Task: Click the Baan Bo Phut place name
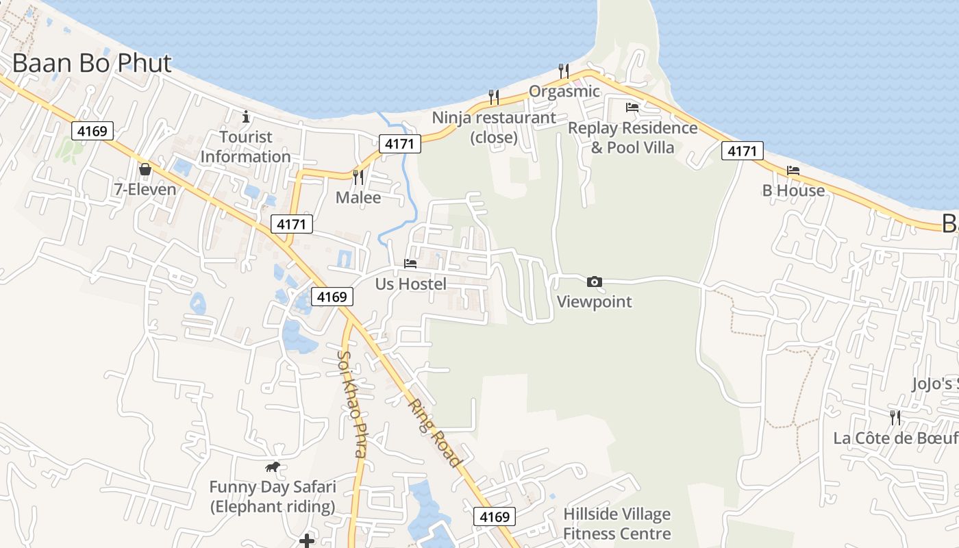click(x=92, y=63)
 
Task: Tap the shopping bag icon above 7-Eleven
click(x=145, y=169)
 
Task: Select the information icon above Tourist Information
click(x=246, y=117)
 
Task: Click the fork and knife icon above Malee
click(x=358, y=177)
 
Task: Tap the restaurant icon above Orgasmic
click(x=564, y=71)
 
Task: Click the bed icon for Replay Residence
click(x=632, y=108)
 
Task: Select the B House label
click(x=793, y=190)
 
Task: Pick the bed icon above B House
click(x=793, y=170)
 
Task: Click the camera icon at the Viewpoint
click(x=595, y=282)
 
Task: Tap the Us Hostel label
click(x=411, y=284)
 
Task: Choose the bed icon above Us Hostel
click(x=410, y=263)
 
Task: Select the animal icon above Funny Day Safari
click(x=273, y=467)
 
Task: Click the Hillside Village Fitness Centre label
click(x=616, y=523)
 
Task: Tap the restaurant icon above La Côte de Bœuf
click(x=895, y=417)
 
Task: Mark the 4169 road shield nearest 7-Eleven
click(x=92, y=130)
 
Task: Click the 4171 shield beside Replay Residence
click(x=742, y=151)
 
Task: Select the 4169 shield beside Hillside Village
click(x=495, y=516)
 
